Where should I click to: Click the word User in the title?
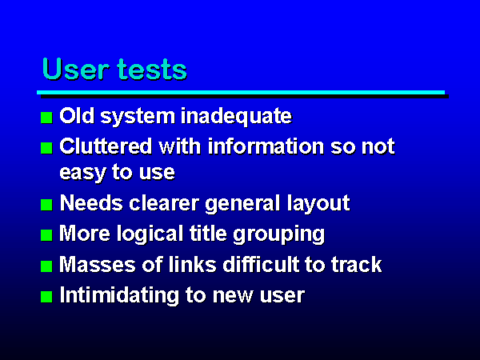(76, 69)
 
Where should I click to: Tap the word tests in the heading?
(152, 70)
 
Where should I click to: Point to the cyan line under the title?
(241, 92)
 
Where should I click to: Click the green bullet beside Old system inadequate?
(46, 118)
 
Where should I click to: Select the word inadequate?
(236, 117)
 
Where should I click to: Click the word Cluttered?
(106, 146)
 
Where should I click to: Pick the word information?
(266, 146)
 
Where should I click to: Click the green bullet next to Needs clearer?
(46, 205)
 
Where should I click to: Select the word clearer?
(164, 203)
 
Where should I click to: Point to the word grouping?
(278, 234)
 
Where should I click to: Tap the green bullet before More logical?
(46, 235)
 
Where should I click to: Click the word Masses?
(98, 264)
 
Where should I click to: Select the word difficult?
(261, 264)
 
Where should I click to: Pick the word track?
(356, 264)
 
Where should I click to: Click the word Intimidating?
(119, 295)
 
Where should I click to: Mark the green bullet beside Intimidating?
(46, 297)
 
